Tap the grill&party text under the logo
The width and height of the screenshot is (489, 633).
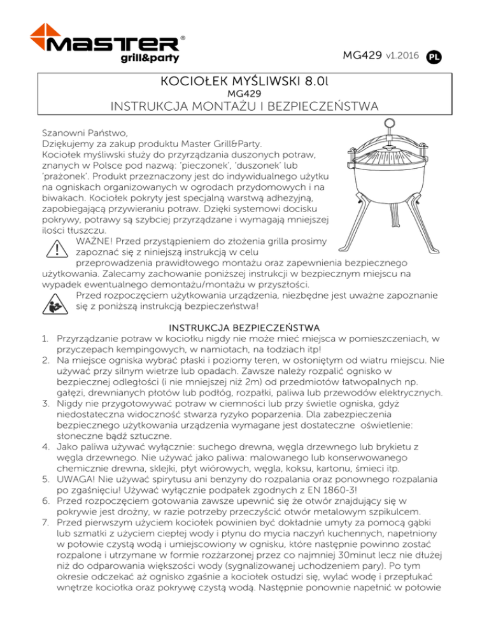[x=150, y=59]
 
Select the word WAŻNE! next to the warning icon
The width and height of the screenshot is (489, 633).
[x=96, y=241]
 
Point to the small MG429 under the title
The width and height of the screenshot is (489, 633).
[x=244, y=93]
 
